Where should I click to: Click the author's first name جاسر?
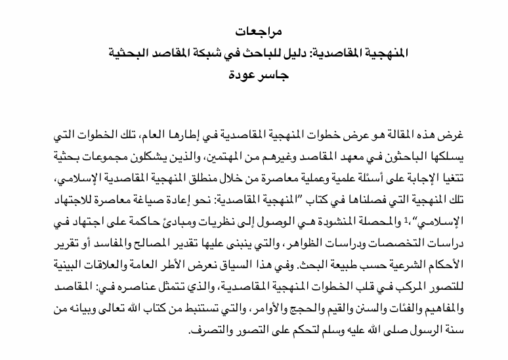click(270, 68)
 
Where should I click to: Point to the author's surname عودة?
click(238, 68)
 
